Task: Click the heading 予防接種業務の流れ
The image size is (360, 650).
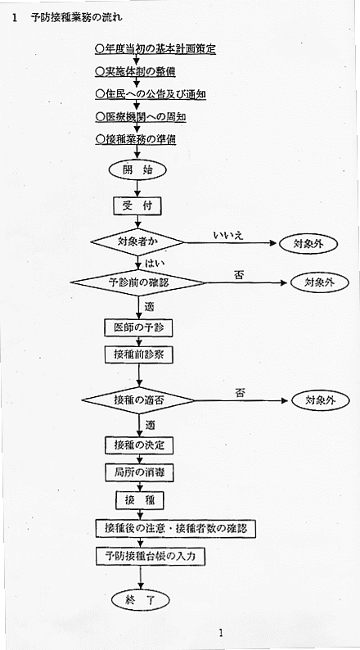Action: point(76,18)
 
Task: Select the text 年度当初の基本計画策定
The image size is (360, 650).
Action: point(155,49)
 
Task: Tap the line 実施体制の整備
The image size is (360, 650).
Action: point(135,72)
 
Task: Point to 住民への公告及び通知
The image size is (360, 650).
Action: point(151,94)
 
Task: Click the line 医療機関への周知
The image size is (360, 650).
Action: point(140,117)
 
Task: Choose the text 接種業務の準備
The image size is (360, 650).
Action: point(135,140)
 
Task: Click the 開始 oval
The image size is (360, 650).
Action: point(138,170)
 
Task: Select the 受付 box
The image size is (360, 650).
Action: point(137,206)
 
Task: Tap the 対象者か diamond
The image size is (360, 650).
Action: point(137,241)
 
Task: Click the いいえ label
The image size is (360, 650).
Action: point(227,235)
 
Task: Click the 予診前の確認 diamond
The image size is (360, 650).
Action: point(138,282)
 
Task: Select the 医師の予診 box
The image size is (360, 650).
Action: point(138,328)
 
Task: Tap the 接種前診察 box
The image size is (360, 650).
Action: point(138,354)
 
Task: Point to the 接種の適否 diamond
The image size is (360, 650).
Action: point(138,400)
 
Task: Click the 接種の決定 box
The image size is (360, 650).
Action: point(139,445)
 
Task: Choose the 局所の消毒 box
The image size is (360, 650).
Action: point(139,472)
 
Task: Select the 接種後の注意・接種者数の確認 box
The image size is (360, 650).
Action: point(176,529)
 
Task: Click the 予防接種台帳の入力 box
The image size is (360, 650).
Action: point(151,556)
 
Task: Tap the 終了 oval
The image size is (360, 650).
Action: point(141,600)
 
